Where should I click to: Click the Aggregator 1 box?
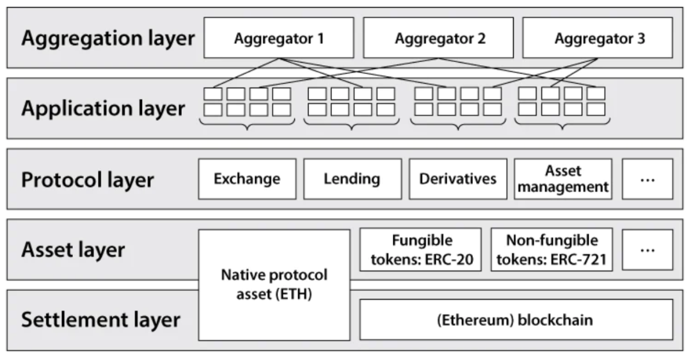point(278,38)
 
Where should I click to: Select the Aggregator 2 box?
point(438,38)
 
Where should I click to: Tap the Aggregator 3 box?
point(598,38)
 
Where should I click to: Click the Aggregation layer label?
point(107,38)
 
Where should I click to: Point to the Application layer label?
point(103,108)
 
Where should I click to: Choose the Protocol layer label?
point(88,180)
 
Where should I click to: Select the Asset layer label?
point(73,249)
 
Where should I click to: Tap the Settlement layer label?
point(100,320)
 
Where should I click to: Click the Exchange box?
point(247,179)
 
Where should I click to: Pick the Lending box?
point(352,179)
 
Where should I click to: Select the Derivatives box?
point(457,179)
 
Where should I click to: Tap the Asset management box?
point(563,179)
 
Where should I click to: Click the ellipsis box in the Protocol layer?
point(647,179)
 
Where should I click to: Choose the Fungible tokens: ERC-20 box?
point(420,249)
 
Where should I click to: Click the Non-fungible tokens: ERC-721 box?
point(552,249)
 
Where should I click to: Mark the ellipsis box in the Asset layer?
point(647,249)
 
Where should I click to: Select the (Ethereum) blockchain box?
point(516,320)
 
